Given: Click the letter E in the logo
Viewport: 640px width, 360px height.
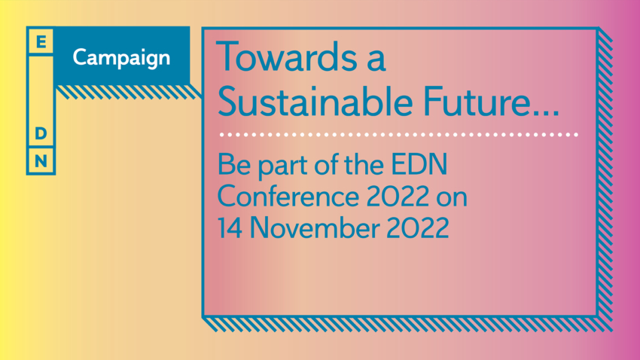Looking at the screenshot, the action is (x=41, y=41).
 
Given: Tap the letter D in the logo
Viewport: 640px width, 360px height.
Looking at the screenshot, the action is (x=41, y=133).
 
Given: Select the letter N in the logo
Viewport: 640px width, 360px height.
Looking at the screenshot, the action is (x=41, y=161).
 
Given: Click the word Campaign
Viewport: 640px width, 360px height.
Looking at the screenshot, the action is (x=121, y=58).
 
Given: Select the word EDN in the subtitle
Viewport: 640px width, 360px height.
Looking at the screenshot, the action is (x=419, y=164).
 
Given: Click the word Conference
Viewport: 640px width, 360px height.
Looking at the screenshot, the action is (x=288, y=197).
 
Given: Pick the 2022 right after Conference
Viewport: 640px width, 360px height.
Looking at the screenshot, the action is (x=398, y=197).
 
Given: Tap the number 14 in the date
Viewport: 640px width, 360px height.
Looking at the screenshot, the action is (x=230, y=227).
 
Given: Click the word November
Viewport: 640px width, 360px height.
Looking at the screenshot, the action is (x=314, y=227).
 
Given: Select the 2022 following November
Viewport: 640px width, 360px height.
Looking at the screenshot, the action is (x=417, y=227).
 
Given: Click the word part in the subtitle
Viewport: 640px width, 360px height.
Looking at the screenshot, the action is (x=282, y=166).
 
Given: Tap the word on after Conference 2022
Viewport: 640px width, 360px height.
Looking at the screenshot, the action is (x=452, y=198).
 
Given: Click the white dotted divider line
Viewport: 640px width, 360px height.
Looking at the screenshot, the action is (x=399, y=134).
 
